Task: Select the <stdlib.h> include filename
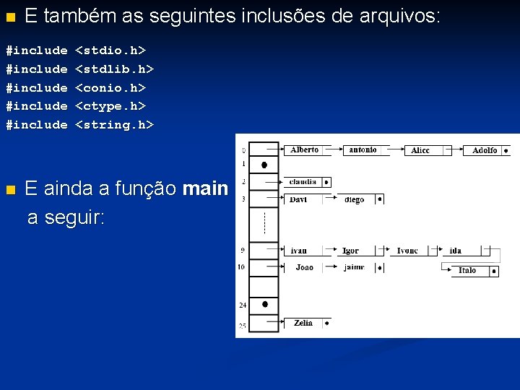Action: tap(115, 69)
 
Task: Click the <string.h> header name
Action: tap(115, 124)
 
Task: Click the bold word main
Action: tap(206, 189)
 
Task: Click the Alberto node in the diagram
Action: tap(304, 150)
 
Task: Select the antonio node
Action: tap(363, 150)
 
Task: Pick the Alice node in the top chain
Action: tap(420, 150)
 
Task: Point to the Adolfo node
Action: tap(485, 150)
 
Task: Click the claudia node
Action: tap(303, 182)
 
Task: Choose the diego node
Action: tap(355, 199)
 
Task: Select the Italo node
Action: tap(467, 271)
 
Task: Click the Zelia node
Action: tap(303, 323)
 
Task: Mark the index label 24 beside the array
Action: tap(243, 305)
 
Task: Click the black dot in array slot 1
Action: tap(264, 165)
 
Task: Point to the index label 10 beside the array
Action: tap(241, 267)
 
